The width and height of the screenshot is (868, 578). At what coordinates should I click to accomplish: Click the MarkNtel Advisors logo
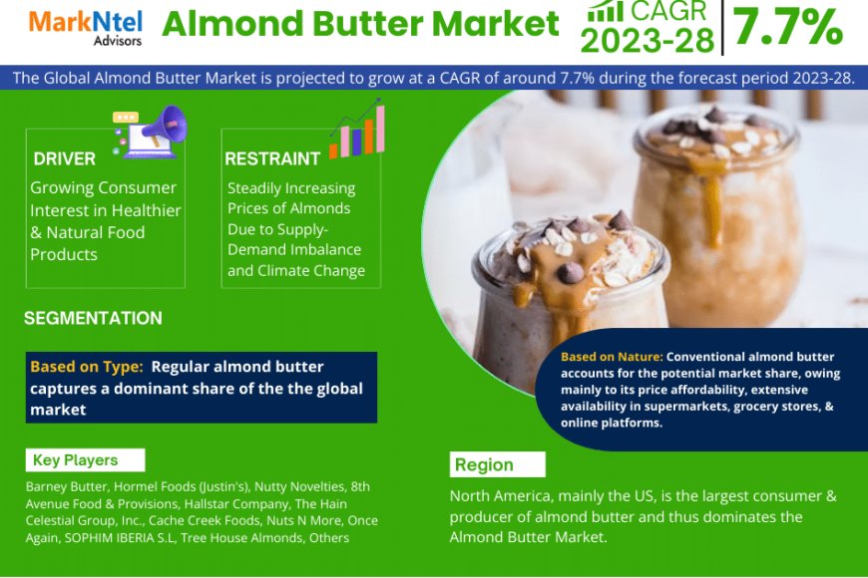[x=85, y=28]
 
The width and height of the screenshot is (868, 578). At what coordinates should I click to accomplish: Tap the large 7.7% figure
[x=788, y=27]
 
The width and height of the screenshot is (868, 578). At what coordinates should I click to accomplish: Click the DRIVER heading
[x=64, y=158]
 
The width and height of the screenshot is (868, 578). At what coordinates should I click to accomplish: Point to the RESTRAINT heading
[x=272, y=158]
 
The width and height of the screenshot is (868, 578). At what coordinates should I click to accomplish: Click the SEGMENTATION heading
[x=93, y=318]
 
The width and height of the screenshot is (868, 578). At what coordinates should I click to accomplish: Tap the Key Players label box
[x=85, y=460]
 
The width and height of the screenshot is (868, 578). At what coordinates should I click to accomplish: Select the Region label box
[x=498, y=464]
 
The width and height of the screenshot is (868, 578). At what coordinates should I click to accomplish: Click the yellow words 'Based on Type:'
[x=87, y=367]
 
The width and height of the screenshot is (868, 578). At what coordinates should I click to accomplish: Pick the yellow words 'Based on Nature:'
[x=612, y=357]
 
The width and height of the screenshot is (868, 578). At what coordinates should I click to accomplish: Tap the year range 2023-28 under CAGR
[x=648, y=41]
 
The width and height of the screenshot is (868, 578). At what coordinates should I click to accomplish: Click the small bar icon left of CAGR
[x=606, y=11]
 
